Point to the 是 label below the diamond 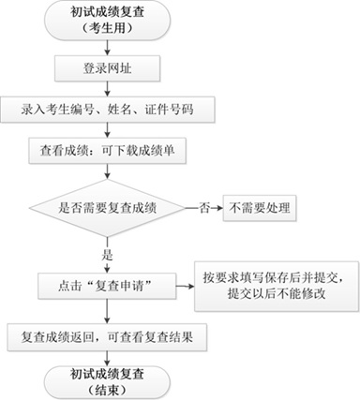pos(108,253)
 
